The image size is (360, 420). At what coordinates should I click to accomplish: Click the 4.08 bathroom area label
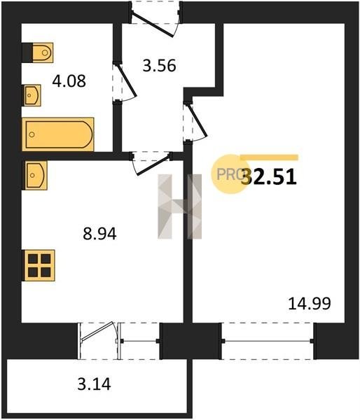(69, 81)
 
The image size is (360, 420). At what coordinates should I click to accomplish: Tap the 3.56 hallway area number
(159, 66)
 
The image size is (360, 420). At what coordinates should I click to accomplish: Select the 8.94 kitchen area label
(99, 234)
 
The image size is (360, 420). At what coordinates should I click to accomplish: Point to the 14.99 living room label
(310, 304)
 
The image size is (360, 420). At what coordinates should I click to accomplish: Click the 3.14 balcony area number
(94, 384)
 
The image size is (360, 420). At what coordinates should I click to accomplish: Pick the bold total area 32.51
(269, 177)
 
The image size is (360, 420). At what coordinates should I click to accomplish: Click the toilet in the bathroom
(38, 52)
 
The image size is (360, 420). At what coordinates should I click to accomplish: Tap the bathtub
(58, 134)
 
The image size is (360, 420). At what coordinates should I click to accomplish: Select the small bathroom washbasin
(32, 95)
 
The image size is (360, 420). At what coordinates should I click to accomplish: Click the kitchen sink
(35, 176)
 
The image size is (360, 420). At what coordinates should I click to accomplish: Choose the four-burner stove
(39, 265)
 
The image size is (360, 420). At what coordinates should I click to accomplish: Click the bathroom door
(125, 82)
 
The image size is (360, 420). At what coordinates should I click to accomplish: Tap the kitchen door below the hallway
(151, 163)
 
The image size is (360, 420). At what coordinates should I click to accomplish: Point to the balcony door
(98, 341)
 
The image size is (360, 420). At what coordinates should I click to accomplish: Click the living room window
(268, 341)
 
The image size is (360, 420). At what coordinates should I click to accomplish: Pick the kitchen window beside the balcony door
(140, 341)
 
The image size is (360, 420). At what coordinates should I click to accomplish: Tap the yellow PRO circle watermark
(229, 174)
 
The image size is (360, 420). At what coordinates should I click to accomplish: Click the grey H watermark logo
(179, 206)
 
